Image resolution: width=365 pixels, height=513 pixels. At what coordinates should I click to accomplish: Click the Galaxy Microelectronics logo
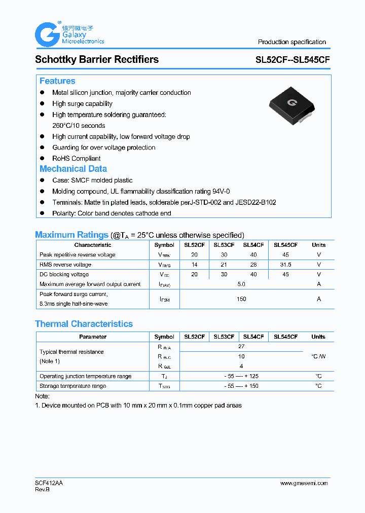(x=69, y=34)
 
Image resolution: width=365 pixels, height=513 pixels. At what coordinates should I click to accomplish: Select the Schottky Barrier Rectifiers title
(x=97, y=59)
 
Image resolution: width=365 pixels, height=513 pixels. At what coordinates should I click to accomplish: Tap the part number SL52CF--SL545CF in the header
(x=293, y=60)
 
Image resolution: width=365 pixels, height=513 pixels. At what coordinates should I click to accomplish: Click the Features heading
(x=57, y=81)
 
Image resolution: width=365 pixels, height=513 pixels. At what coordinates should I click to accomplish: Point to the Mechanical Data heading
(x=73, y=169)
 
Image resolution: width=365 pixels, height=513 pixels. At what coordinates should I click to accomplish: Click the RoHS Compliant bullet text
(x=76, y=158)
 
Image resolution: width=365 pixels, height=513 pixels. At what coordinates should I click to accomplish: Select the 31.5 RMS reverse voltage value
(x=285, y=265)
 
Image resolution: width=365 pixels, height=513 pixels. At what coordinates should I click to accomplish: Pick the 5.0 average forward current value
(x=241, y=284)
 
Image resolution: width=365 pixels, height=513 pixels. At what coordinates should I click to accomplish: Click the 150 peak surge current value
(x=241, y=299)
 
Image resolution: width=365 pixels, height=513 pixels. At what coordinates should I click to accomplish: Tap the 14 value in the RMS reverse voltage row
(x=195, y=265)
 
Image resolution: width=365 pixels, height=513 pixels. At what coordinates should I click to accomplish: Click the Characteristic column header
(x=93, y=245)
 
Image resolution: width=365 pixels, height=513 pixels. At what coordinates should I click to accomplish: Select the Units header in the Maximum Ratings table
(x=319, y=245)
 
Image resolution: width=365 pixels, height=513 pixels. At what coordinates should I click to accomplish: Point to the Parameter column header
(x=93, y=337)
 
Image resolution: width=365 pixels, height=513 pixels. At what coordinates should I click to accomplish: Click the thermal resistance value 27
(x=241, y=347)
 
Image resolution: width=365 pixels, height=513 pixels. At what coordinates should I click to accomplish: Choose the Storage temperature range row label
(x=73, y=386)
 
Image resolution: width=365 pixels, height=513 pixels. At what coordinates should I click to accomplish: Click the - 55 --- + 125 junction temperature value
(x=241, y=376)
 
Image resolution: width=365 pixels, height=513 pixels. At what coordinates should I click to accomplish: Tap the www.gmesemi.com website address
(x=304, y=483)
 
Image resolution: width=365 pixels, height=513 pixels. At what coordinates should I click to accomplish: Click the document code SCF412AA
(x=49, y=483)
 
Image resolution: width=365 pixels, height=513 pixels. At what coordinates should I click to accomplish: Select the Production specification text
(x=292, y=42)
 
